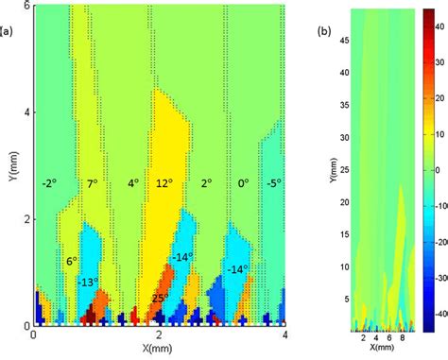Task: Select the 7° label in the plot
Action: click(x=92, y=182)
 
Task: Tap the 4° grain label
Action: click(x=133, y=182)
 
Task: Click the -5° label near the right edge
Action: click(x=272, y=182)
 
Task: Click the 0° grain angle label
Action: click(x=243, y=182)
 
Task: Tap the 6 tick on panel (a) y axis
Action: click(x=26, y=6)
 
